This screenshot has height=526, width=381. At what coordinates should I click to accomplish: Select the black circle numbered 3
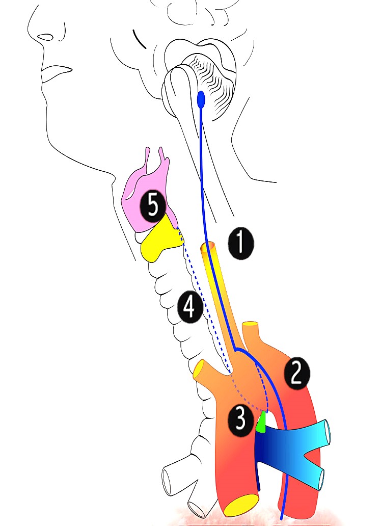click(240, 419)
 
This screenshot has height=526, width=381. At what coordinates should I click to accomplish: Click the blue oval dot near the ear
click(201, 99)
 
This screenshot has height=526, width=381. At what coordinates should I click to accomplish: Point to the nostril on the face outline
click(45, 37)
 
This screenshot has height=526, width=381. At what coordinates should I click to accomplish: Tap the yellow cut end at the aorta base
click(240, 505)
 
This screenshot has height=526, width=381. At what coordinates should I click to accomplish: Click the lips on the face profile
click(51, 74)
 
